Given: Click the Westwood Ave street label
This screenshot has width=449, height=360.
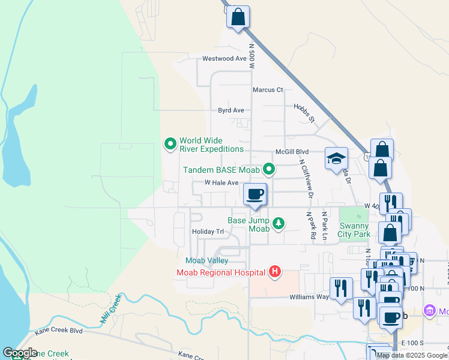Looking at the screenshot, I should pos(224,59).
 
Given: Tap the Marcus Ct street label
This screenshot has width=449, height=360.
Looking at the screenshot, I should pos(267,90).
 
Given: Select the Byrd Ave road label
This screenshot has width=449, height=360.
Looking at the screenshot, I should pos(231,110).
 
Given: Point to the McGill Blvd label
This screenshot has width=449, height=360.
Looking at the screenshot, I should pos(292,152).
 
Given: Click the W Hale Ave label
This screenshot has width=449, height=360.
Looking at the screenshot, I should pos(221,182).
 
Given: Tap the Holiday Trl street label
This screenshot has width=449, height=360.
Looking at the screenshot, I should pos(207,232).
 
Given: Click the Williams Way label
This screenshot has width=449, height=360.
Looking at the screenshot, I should pos(309,296).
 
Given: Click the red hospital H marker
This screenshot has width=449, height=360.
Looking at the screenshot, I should pos(275,272).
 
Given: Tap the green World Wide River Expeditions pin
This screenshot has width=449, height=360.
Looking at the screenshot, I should pos(170,143).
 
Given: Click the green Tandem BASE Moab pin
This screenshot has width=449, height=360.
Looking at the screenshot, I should pos(270,169).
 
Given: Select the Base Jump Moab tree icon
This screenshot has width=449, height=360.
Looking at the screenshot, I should pos(278,224).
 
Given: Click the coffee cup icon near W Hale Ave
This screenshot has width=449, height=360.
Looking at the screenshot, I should pos(255,194).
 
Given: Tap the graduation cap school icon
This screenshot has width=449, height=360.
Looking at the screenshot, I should pos(336,159).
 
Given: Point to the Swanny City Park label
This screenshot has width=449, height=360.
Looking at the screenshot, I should pos(354,230).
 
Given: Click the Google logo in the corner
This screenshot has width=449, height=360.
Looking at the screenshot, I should pos(20,353).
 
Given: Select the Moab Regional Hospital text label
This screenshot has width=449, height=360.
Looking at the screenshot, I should pos(220,272).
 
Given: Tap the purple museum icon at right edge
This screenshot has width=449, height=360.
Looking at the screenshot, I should pos(430,311).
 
